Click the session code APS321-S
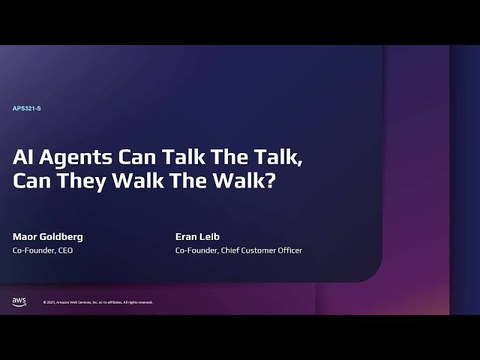(x=26, y=109)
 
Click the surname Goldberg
(x=62, y=237)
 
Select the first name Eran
(x=187, y=236)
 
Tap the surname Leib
(x=213, y=236)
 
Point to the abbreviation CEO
(x=65, y=250)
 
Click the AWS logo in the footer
(x=19, y=301)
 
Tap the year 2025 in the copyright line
(x=51, y=302)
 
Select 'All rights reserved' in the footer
(x=138, y=302)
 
